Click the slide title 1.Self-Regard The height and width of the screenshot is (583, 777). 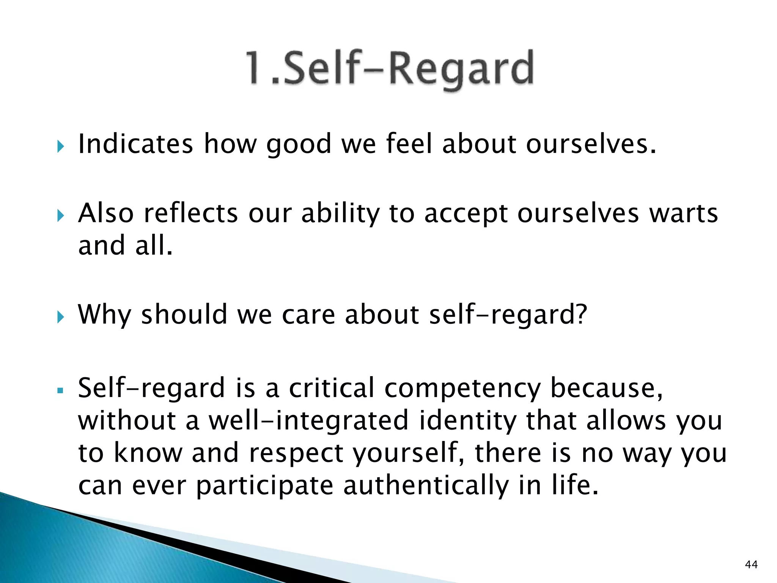(x=390, y=68)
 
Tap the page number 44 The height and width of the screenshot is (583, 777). (x=751, y=564)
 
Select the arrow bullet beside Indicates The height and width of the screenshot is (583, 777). (x=60, y=146)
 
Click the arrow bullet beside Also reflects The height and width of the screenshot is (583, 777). (x=60, y=216)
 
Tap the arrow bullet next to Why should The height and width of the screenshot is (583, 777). (x=60, y=317)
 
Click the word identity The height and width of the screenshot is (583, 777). (x=468, y=421)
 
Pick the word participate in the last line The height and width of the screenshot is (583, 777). (x=264, y=486)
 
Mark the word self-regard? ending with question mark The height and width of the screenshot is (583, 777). (x=508, y=315)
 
